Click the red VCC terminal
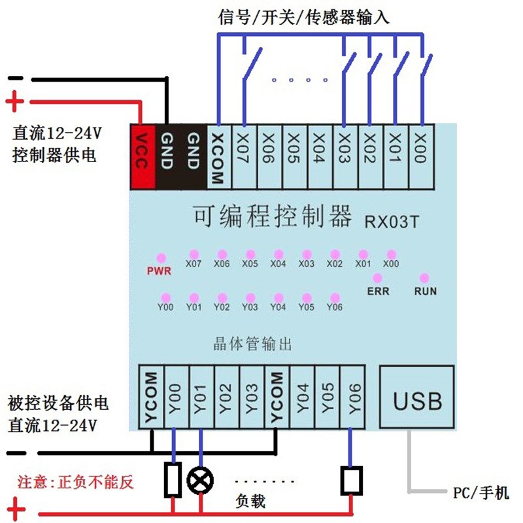coord(143,156)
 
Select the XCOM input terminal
coord(219,157)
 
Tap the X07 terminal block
coord(244,157)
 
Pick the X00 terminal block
coord(421,157)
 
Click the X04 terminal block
coord(320,157)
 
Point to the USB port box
coord(417,397)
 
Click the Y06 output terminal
coord(352,397)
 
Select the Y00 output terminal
coord(177,397)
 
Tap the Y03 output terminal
coord(252,397)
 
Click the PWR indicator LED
coord(161,258)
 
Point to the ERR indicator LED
coord(377,278)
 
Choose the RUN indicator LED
coord(424,278)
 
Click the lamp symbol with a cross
coord(200,481)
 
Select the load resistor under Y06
coord(352,481)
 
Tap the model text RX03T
coord(392,222)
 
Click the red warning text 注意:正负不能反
coord(76,482)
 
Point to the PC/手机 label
coord(481,493)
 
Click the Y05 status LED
coord(307,297)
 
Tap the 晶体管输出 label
coord(252,344)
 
